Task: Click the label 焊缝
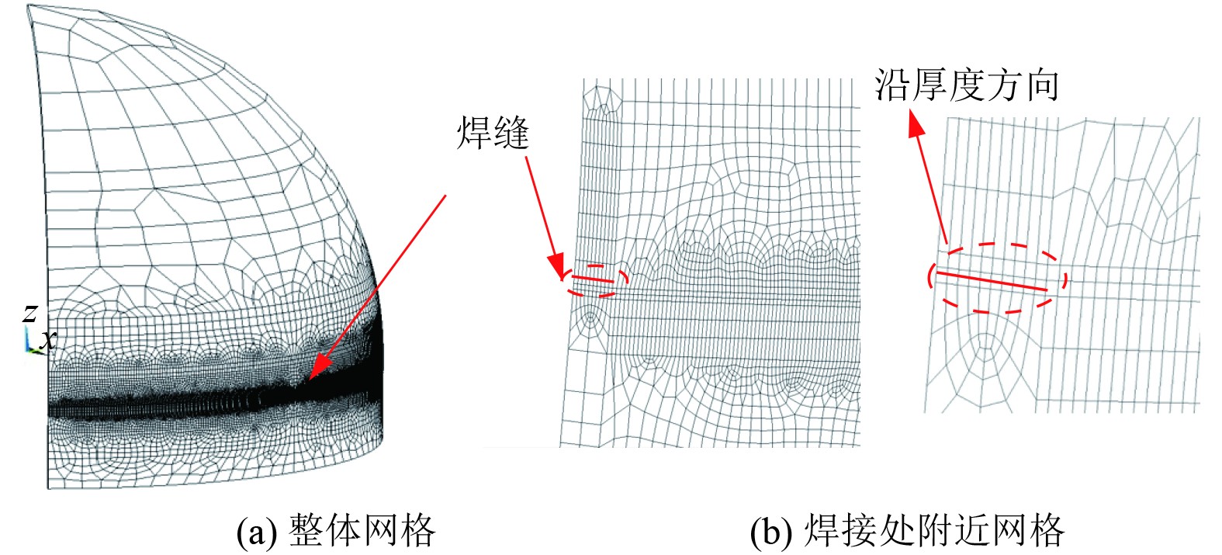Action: click(493, 133)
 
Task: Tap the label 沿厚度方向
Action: click(967, 85)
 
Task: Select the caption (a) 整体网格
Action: click(336, 531)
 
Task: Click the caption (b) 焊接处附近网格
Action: click(907, 531)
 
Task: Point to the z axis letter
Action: click(30, 312)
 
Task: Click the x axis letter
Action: click(48, 339)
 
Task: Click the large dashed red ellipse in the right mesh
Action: click(997, 279)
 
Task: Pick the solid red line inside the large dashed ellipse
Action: click(993, 281)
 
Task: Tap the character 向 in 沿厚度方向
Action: click(1041, 85)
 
